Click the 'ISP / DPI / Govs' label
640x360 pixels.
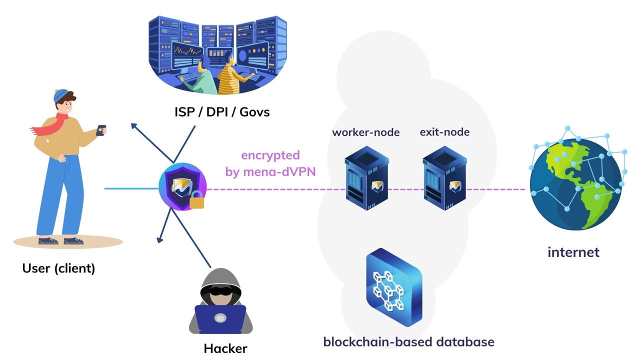(222, 111)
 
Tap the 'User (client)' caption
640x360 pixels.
(58, 268)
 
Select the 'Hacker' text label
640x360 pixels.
(225, 348)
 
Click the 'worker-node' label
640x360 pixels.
(366, 132)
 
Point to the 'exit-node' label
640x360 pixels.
(444, 132)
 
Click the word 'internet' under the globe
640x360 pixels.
(573, 251)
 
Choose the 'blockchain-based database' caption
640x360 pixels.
(408, 342)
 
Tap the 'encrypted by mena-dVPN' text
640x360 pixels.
(270, 163)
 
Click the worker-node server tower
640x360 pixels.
(366, 180)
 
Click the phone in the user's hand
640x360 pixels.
(101, 129)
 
